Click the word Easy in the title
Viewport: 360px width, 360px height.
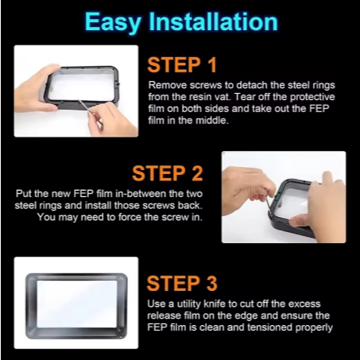(x=113, y=23)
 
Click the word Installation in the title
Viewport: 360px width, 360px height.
(x=213, y=21)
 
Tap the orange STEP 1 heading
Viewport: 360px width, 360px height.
(x=182, y=65)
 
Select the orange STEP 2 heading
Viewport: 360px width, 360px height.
(x=168, y=173)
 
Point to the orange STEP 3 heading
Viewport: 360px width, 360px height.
(x=182, y=284)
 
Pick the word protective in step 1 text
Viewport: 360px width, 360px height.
(x=312, y=97)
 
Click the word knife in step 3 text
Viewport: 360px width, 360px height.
(x=215, y=304)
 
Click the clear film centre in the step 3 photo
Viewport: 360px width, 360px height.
(x=77, y=304)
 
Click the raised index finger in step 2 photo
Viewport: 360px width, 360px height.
(x=327, y=176)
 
